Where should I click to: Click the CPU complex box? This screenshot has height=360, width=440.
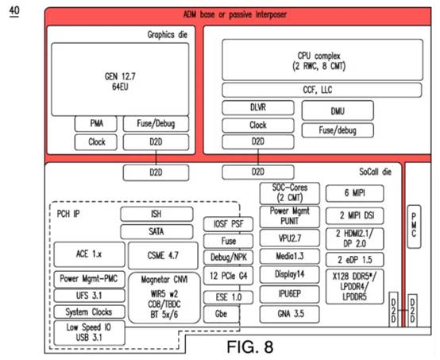click(x=322, y=60)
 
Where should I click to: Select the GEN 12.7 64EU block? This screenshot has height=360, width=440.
click(x=120, y=79)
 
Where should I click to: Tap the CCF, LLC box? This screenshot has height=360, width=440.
click(x=322, y=90)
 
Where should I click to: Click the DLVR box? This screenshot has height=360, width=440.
click(x=258, y=107)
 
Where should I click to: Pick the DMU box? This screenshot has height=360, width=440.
click(x=338, y=111)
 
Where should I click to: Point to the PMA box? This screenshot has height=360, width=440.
click(x=95, y=124)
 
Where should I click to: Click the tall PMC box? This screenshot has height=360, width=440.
click(x=414, y=226)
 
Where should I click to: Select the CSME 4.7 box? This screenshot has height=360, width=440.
click(x=163, y=256)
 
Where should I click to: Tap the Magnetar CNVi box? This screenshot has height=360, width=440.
click(x=164, y=298)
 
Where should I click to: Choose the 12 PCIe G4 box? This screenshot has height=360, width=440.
click(x=228, y=276)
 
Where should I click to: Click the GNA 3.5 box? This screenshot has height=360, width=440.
click(x=290, y=314)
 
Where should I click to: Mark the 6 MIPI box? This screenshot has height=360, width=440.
click(x=355, y=193)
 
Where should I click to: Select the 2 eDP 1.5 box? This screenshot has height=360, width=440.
click(x=355, y=260)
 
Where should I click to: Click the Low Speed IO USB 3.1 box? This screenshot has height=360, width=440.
click(x=89, y=333)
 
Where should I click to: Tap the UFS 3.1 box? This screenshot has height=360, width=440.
click(x=89, y=296)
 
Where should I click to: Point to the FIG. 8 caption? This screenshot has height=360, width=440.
click(x=249, y=346)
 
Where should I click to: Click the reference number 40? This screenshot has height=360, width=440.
click(x=14, y=11)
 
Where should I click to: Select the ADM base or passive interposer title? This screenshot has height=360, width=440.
click(x=235, y=14)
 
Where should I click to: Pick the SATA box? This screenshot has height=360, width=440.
click(x=156, y=232)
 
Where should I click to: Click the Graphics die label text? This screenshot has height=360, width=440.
click(x=168, y=35)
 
